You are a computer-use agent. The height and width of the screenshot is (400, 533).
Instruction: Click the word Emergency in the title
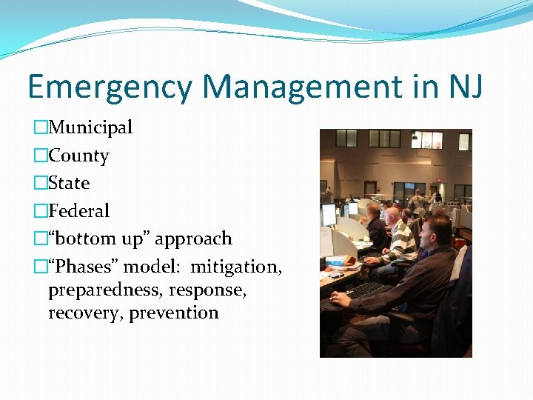[110, 87]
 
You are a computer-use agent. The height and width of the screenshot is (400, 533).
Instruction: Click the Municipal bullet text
[90, 127]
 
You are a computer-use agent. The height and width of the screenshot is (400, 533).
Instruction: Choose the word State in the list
[69, 183]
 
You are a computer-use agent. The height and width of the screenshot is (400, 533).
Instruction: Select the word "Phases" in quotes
[83, 267]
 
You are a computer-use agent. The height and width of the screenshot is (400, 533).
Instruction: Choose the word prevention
[174, 313]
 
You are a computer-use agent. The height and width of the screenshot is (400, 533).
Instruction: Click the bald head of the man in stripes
[392, 215]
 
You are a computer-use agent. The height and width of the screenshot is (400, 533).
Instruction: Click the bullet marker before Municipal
[41, 128]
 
